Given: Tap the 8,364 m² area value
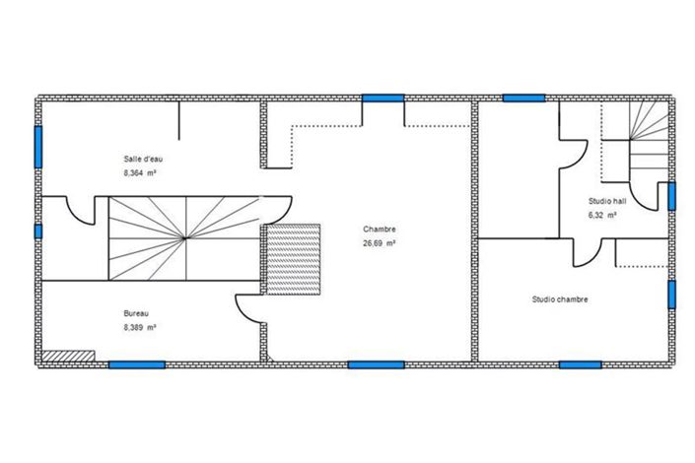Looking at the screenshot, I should click(x=141, y=172).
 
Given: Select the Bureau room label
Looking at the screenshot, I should click(x=137, y=313).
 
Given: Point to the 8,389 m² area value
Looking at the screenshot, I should click(x=140, y=327).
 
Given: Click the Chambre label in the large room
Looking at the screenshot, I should click(x=380, y=230).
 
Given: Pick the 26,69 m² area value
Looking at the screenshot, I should click(x=380, y=243).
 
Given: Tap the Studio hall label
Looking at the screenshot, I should click(x=606, y=200).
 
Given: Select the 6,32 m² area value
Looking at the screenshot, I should click(x=602, y=214).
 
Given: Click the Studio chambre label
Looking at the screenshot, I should click(x=560, y=299).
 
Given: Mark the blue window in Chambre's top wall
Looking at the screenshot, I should click(x=382, y=98).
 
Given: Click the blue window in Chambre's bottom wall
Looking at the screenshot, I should click(x=377, y=364).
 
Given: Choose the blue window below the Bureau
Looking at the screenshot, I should click(x=136, y=364).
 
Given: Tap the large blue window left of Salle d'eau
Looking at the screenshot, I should click(x=38, y=147).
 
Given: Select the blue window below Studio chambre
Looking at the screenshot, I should click(x=581, y=364).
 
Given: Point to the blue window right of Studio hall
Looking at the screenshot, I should click(x=671, y=196).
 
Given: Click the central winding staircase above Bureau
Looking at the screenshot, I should click(x=183, y=237).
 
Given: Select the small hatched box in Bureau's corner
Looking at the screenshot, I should click(x=70, y=356).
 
